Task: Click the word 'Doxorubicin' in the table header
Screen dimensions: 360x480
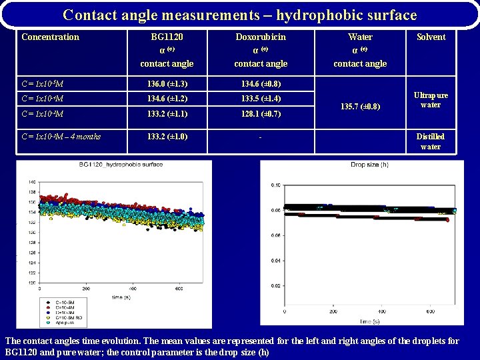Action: coord(261,37)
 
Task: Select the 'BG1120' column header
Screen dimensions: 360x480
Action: coord(167,37)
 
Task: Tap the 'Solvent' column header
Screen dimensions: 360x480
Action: coord(431,37)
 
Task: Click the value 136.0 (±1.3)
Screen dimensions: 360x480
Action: coord(167,83)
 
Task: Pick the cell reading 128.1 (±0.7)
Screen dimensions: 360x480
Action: coord(261,113)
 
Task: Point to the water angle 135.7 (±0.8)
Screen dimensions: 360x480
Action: coord(360,105)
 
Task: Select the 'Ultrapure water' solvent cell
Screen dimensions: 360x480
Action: coord(431,99)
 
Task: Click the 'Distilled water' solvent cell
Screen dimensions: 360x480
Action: coord(431,141)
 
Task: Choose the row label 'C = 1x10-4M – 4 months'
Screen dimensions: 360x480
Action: coord(61,137)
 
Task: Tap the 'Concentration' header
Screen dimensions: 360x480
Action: coord(50,37)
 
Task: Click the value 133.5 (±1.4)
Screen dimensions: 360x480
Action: coord(261,99)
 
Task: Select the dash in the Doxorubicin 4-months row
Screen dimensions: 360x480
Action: coord(261,137)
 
